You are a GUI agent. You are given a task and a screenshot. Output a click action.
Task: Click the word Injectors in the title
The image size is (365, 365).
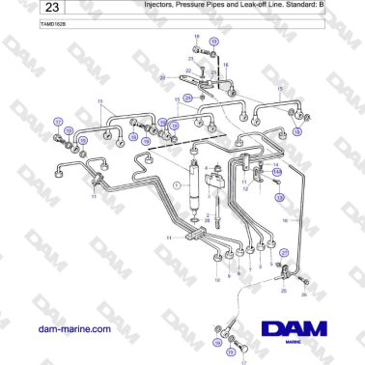pyautogui.click(x=162, y=5)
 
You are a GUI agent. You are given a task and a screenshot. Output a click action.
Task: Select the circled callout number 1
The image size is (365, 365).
pyautogui.click(x=177, y=182)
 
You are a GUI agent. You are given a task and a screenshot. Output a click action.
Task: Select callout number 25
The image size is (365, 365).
pyautogui.click(x=281, y=289)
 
